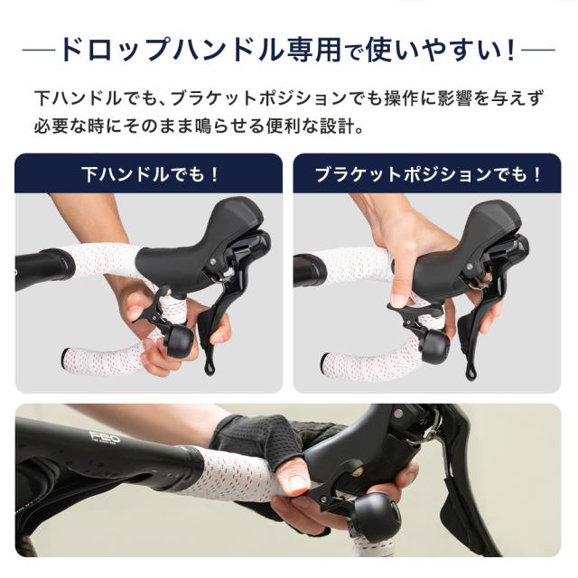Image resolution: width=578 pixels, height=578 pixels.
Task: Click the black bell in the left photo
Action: (x=178, y=340)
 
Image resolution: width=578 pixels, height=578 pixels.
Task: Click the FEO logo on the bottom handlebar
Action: (x=105, y=438)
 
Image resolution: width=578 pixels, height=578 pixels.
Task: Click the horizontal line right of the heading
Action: (x=539, y=49)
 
